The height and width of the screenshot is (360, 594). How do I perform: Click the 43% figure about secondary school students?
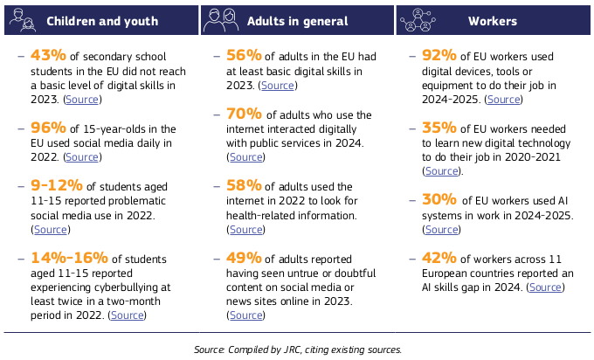[x=46, y=54]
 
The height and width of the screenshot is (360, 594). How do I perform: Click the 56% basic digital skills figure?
[x=243, y=54]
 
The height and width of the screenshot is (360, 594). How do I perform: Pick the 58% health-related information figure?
[x=243, y=185]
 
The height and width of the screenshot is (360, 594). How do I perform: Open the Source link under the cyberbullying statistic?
[x=128, y=315]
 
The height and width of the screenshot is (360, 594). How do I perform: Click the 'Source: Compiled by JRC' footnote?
[x=298, y=349]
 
